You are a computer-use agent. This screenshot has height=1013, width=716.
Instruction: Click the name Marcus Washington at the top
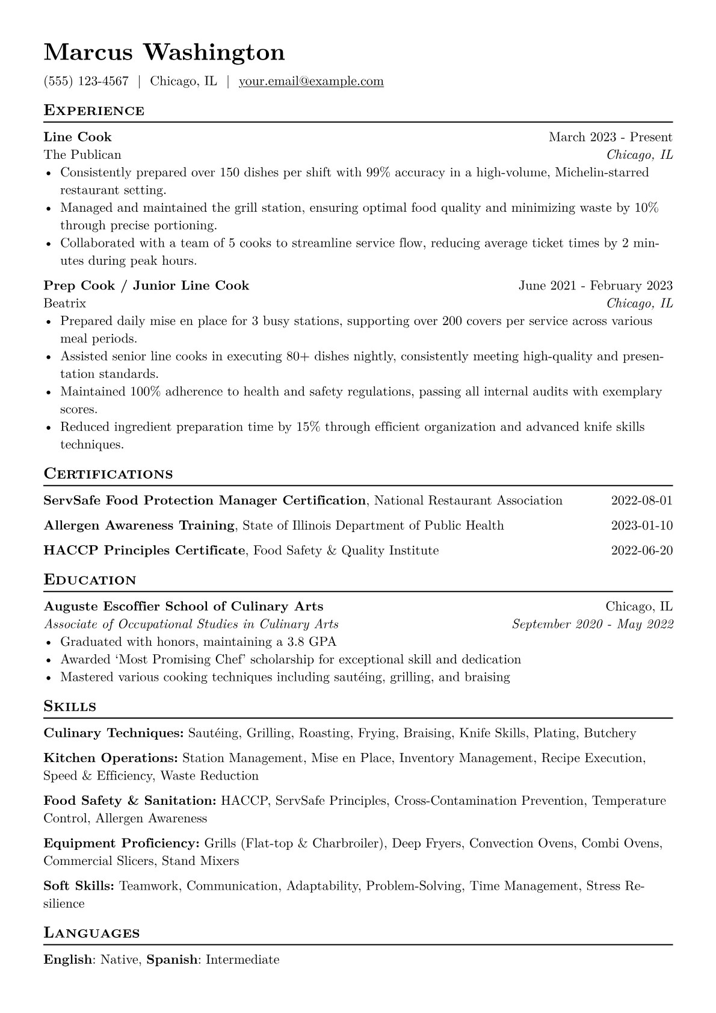tap(164, 53)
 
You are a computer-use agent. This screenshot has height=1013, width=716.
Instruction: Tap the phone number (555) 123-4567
tap(86, 81)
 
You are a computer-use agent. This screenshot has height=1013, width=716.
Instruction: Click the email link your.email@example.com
tap(311, 81)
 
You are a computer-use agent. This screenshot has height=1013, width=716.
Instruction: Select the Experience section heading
tap(94, 111)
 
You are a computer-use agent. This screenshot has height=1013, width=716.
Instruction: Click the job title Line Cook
tap(78, 137)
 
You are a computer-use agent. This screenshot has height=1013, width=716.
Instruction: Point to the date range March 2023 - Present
tap(610, 137)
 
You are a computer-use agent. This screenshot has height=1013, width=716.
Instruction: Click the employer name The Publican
tap(82, 155)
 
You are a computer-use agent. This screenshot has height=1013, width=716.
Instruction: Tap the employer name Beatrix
tap(65, 303)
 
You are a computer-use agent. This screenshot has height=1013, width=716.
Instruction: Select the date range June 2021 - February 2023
tap(595, 286)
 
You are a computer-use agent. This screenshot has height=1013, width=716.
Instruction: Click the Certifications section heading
tap(108, 474)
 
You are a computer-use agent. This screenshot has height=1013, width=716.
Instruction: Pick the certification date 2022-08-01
tap(641, 501)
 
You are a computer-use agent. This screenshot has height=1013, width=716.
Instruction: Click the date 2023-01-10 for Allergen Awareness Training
tap(641, 525)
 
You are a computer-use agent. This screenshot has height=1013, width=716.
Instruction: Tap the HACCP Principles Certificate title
tap(145, 550)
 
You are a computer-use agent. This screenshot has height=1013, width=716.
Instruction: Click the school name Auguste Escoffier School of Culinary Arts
tap(184, 607)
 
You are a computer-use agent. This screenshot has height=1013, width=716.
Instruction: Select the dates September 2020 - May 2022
tap(592, 624)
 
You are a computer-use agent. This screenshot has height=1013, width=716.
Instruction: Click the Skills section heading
tap(70, 707)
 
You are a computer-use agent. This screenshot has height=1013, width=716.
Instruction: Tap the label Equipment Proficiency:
tap(122, 843)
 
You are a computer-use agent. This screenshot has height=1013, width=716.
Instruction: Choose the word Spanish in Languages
tap(172, 959)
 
